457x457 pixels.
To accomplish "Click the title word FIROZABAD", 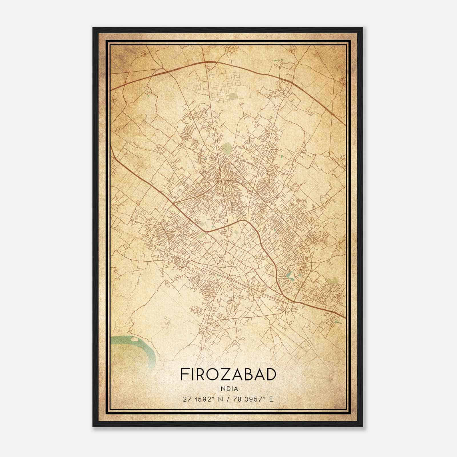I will click(x=228, y=374).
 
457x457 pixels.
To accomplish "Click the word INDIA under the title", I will click(x=228, y=388).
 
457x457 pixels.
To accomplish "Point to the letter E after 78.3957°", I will click(x=271, y=399).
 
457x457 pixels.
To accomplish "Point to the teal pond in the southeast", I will click(x=289, y=275).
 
